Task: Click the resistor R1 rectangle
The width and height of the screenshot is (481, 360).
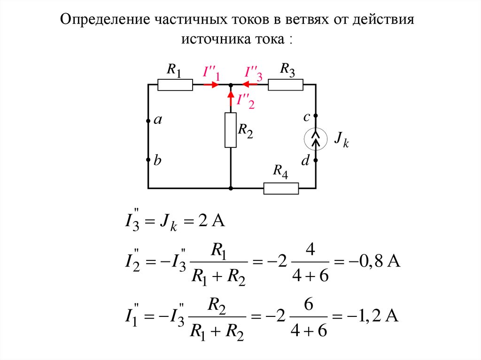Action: tap(175, 85)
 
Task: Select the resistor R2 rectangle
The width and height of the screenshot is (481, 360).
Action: tap(231, 130)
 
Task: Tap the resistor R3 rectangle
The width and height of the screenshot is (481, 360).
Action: tap(286, 85)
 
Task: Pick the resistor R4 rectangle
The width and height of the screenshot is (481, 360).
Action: tap(281, 188)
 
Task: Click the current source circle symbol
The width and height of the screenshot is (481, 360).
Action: tap(316, 138)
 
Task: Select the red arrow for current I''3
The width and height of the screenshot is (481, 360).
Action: tap(246, 85)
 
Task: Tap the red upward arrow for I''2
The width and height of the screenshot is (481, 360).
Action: tap(231, 95)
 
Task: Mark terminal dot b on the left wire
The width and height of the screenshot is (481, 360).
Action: tap(148, 160)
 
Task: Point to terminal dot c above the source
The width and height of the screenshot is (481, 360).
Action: tap(316, 115)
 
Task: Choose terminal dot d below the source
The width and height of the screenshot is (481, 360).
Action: tap(316, 160)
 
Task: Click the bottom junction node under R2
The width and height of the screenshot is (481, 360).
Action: tap(231, 188)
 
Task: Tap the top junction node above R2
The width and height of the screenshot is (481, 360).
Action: tap(231, 85)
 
